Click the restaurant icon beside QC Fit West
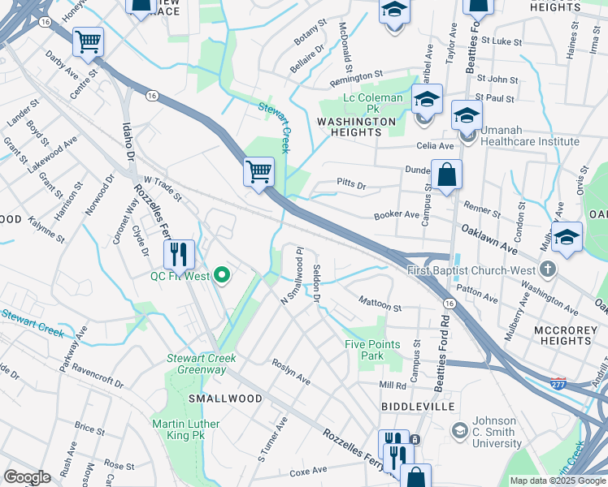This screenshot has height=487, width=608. tap(179, 254)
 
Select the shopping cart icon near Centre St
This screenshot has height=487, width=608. tap(88, 41)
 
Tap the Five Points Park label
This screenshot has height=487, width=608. tap(372, 350)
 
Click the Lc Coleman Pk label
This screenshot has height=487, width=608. tap(372, 98)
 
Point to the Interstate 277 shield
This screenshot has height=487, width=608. tap(558, 380)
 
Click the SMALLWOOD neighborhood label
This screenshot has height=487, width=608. tap(214, 399)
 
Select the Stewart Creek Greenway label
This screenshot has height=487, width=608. tap(202, 364)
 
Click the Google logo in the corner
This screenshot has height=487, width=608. tap(27, 477)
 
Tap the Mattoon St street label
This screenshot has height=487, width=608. tap(380, 306)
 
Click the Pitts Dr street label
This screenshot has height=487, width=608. tap(351, 186)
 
